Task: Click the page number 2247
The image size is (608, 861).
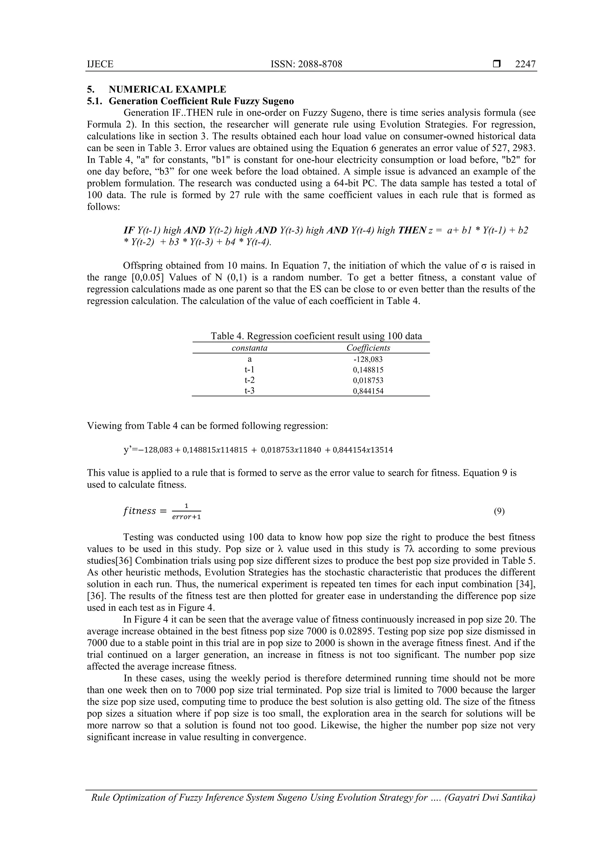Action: click(525, 64)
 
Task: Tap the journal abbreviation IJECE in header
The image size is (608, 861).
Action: click(100, 64)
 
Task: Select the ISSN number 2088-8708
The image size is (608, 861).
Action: click(306, 64)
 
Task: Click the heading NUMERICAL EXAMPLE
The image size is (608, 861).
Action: click(167, 89)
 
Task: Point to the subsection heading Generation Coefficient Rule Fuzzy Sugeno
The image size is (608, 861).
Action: click(201, 101)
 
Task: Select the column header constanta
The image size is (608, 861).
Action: click(249, 348)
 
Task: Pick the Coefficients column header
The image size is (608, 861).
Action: click(368, 348)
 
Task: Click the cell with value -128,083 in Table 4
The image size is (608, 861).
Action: click(368, 359)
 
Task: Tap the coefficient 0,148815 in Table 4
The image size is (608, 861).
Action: click(368, 370)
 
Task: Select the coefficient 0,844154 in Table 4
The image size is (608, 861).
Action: click(368, 391)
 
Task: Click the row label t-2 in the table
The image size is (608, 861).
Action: click(249, 380)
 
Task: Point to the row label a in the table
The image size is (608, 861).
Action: click(249, 359)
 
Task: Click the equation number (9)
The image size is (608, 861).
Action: click(499, 511)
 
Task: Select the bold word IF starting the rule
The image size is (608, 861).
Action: click(129, 230)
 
